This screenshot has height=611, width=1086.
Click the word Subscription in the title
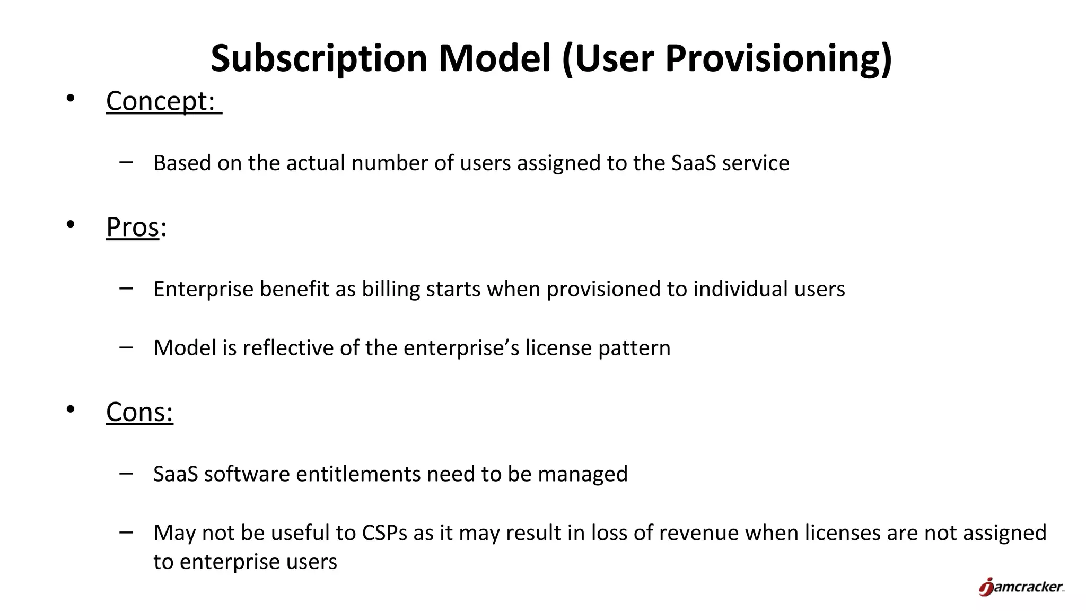coord(319,58)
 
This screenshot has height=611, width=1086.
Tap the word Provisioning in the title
coord(777,58)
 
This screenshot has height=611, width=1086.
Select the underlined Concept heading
coord(161,101)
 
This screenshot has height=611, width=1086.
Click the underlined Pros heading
coord(133,228)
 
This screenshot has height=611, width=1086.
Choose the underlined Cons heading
coord(139,412)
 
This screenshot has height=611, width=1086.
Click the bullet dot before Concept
coord(71,98)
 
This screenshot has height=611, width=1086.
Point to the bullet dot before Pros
coord(71,224)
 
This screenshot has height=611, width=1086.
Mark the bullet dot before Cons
coord(71,409)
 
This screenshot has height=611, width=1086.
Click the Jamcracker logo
coord(1021,587)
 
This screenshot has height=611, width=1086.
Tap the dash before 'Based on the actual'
coord(126,162)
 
